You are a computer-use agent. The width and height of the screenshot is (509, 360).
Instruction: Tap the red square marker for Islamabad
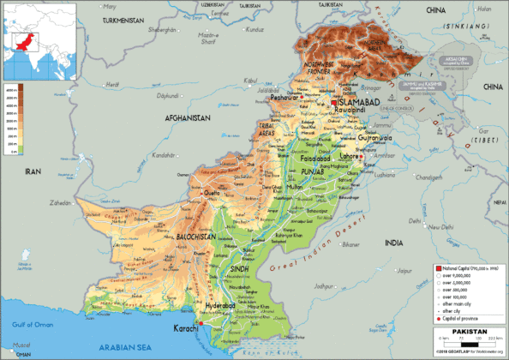pyautogui.click(x=333, y=103)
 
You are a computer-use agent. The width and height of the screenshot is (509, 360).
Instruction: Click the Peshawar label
pyautogui.click(x=284, y=98)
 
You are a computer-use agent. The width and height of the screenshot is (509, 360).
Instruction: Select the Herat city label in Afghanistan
pyautogui.click(x=112, y=84)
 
